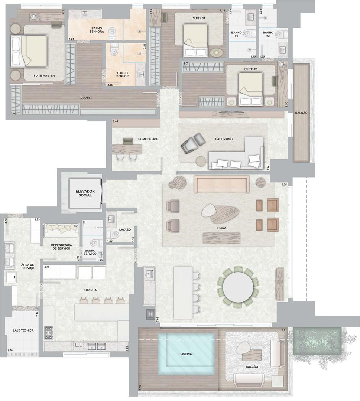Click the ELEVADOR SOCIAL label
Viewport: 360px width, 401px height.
point(85,193)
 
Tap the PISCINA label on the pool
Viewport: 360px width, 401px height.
point(186,354)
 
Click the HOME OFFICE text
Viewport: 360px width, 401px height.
point(148,139)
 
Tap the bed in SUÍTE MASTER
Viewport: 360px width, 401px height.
point(29,51)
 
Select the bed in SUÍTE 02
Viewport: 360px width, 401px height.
point(250,89)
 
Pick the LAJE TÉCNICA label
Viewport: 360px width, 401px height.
point(23,330)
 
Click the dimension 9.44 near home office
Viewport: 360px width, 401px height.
point(116,121)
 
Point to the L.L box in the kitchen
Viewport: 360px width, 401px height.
point(78,345)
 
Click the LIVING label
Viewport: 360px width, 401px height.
point(221,228)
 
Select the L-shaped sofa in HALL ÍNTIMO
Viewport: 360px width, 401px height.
point(236,154)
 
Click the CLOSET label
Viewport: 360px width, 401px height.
point(86,98)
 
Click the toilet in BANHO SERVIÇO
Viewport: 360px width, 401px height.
point(94,243)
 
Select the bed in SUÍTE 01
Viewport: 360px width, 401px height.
point(195,40)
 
